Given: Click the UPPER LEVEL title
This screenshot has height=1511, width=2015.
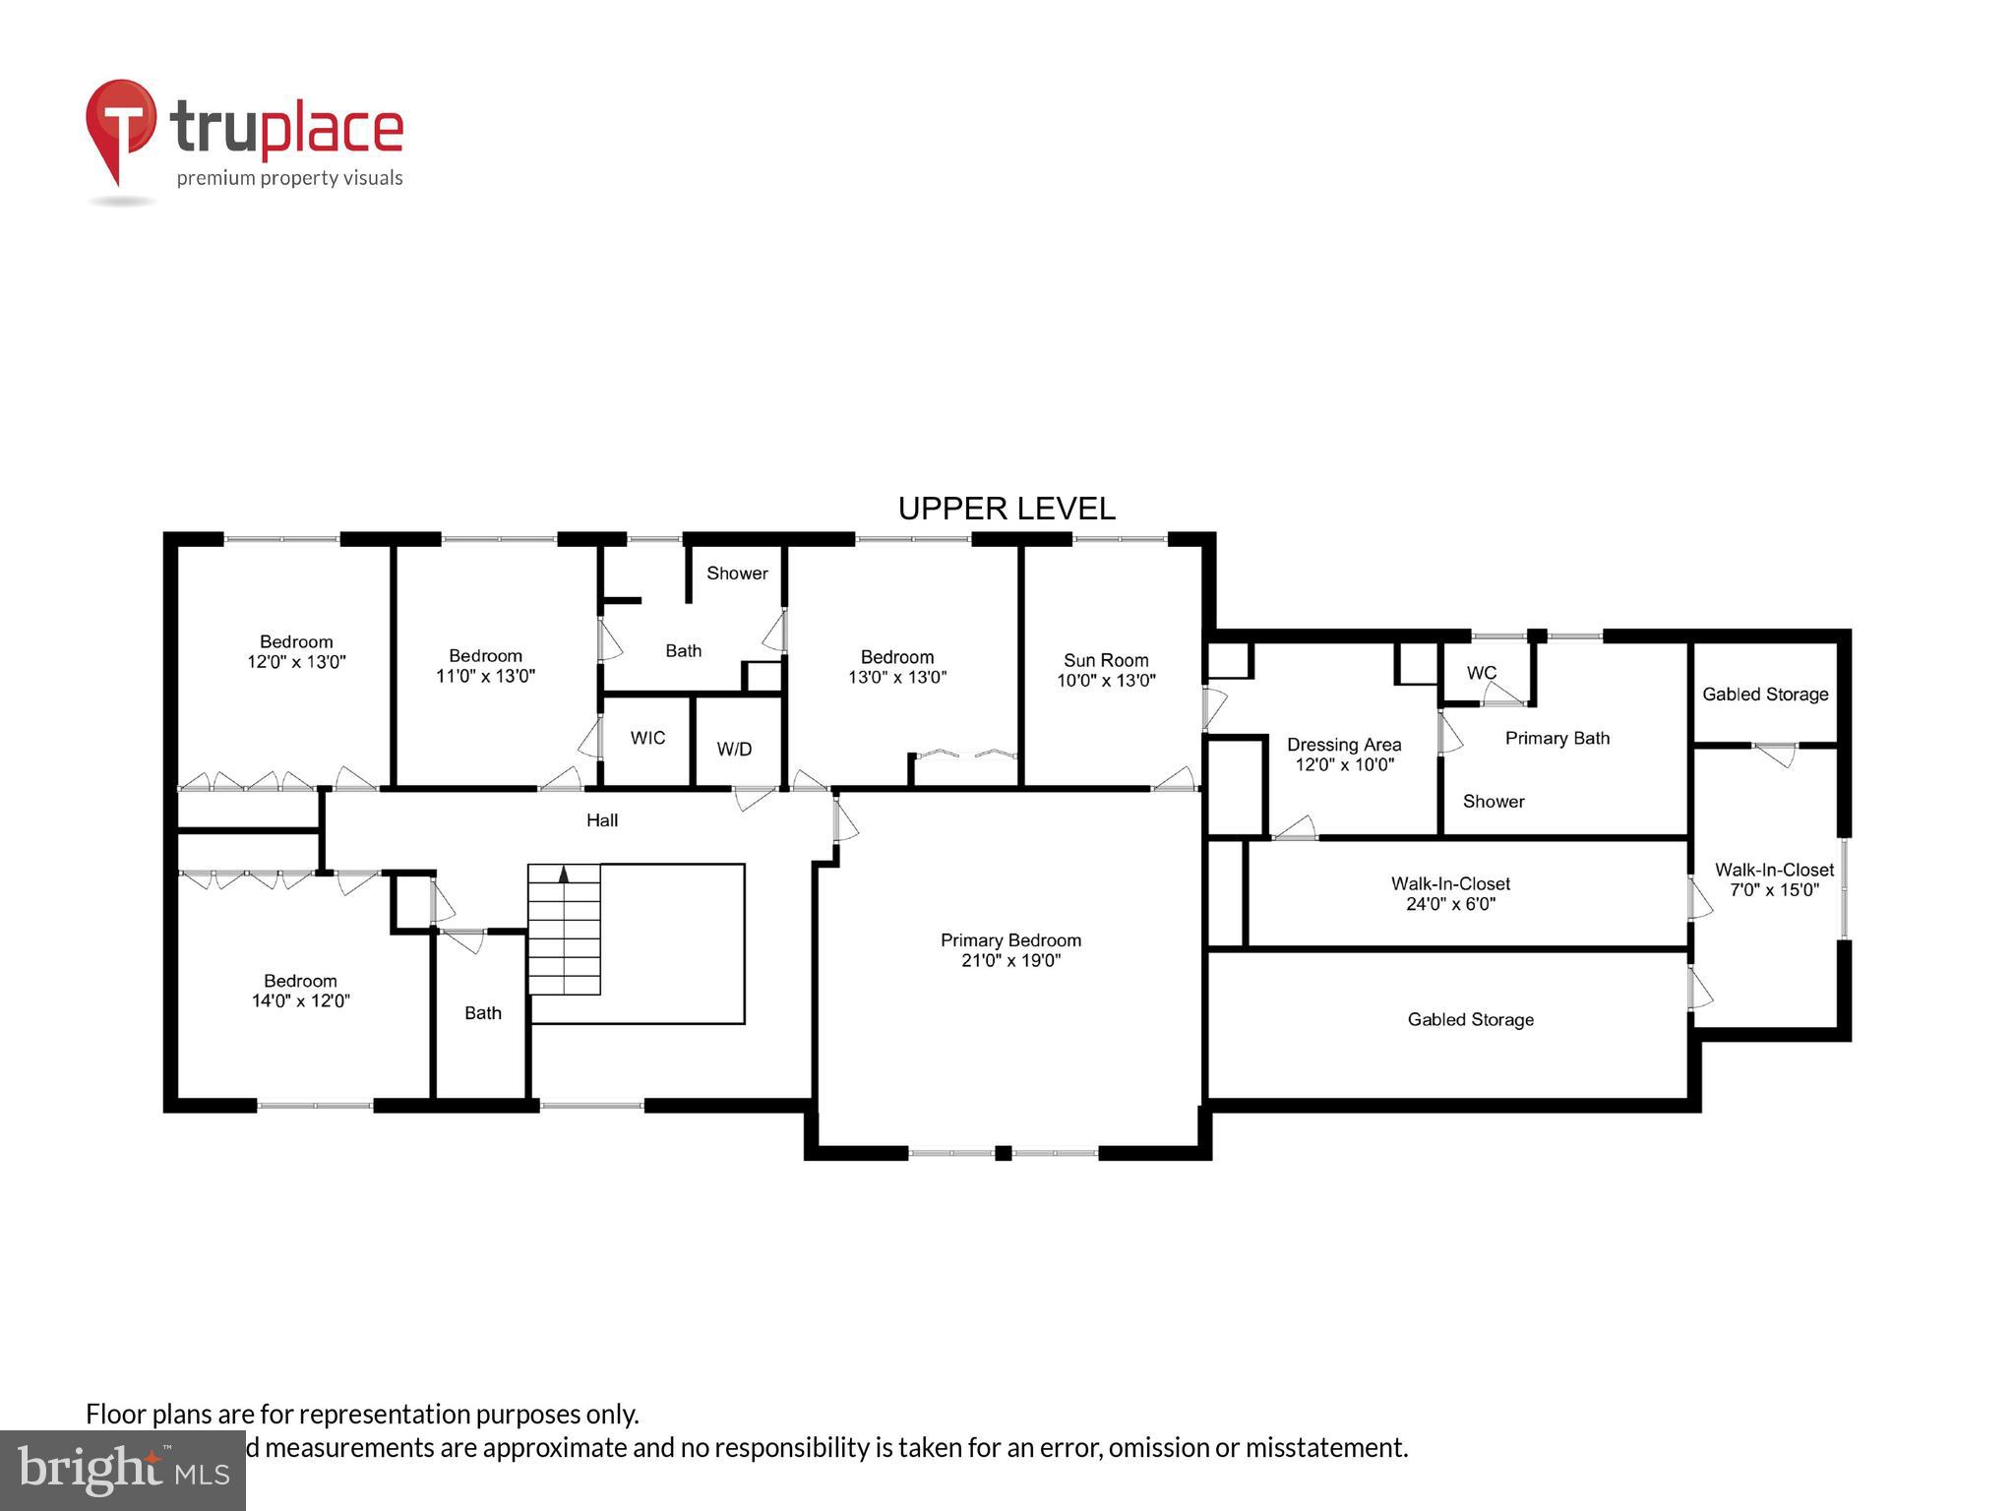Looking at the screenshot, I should (1007, 509).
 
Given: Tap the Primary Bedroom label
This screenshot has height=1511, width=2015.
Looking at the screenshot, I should (1010, 940).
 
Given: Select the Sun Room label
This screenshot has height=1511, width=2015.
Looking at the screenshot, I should (1106, 660).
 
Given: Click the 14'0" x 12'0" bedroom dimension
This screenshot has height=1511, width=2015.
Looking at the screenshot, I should (300, 1001).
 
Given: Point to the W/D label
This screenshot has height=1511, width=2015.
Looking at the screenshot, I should (734, 750).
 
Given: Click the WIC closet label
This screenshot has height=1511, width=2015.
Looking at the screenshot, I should (647, 738).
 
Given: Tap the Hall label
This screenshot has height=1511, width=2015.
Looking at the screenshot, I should (602, 820).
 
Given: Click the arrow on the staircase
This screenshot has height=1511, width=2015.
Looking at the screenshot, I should (564, 873).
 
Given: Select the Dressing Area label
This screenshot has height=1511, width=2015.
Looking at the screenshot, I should (1343, 745).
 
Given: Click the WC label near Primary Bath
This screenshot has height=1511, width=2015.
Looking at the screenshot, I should (1481, 673).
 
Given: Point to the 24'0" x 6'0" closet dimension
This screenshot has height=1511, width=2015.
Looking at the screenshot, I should (1450, 904).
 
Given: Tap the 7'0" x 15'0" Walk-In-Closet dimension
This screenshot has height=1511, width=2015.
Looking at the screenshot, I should (1774, 890).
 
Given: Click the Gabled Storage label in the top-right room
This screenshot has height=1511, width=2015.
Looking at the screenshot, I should (1765, 695).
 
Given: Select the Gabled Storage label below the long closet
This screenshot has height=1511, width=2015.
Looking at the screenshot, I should (1470, 1020).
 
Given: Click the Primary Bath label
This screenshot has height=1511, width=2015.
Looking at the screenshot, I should (1557, 739).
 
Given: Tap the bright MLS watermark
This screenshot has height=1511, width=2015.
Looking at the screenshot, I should (122, 1470).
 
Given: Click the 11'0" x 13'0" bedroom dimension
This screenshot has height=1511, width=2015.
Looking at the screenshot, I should (485, 677).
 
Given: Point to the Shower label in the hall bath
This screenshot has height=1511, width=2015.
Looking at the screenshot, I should (737, 574).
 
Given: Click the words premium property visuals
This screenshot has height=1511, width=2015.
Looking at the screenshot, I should (289, 178).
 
